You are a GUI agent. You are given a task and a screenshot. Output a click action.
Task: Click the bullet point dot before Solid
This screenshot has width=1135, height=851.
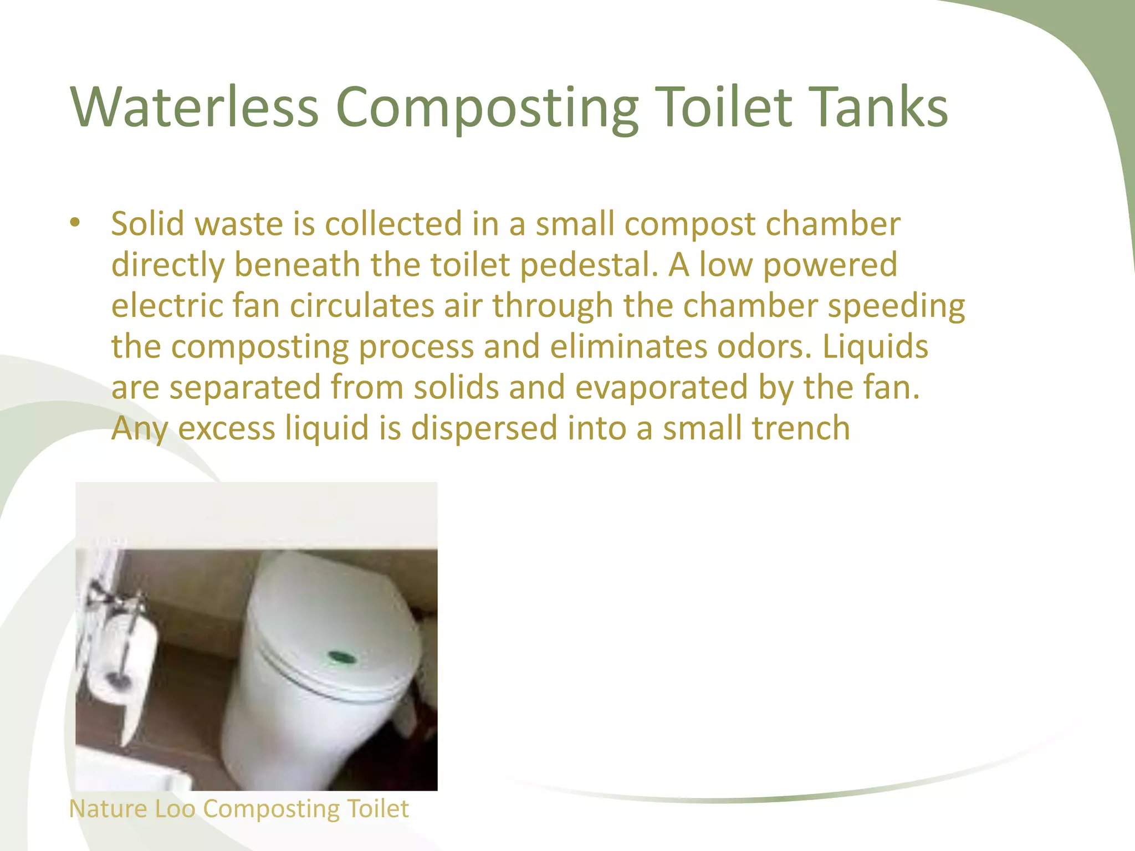pos(75,223)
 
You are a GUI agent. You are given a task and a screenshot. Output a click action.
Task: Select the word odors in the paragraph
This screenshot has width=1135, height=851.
pos(764,346)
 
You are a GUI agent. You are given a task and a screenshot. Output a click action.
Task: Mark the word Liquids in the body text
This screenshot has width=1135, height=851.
pos(875,346)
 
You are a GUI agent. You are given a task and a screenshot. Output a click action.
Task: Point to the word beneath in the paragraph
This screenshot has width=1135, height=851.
pos(297,264)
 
